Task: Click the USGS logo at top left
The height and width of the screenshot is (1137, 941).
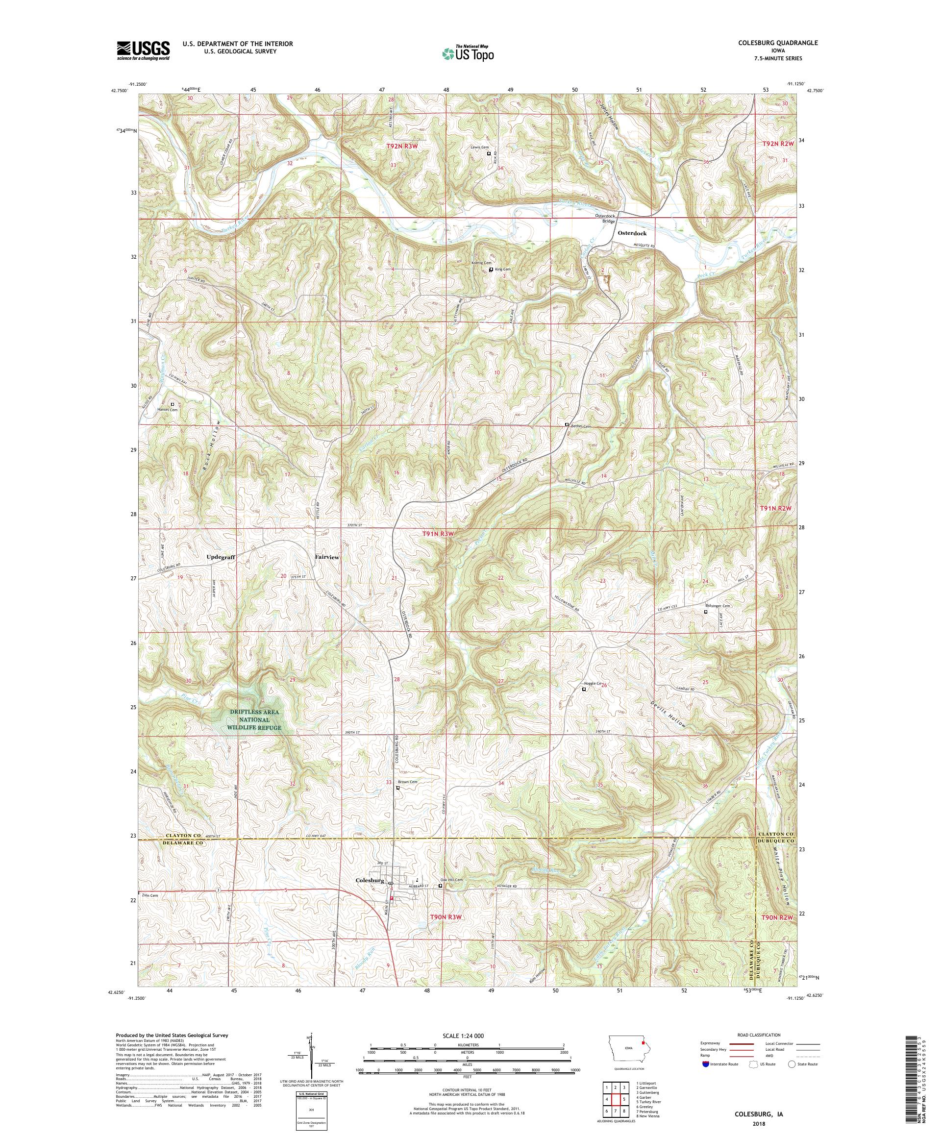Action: point(143,50)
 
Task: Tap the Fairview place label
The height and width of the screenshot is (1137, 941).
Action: point(327,556)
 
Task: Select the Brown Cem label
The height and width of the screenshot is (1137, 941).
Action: point(408,782)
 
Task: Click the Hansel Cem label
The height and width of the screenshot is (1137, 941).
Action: point(167,410)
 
